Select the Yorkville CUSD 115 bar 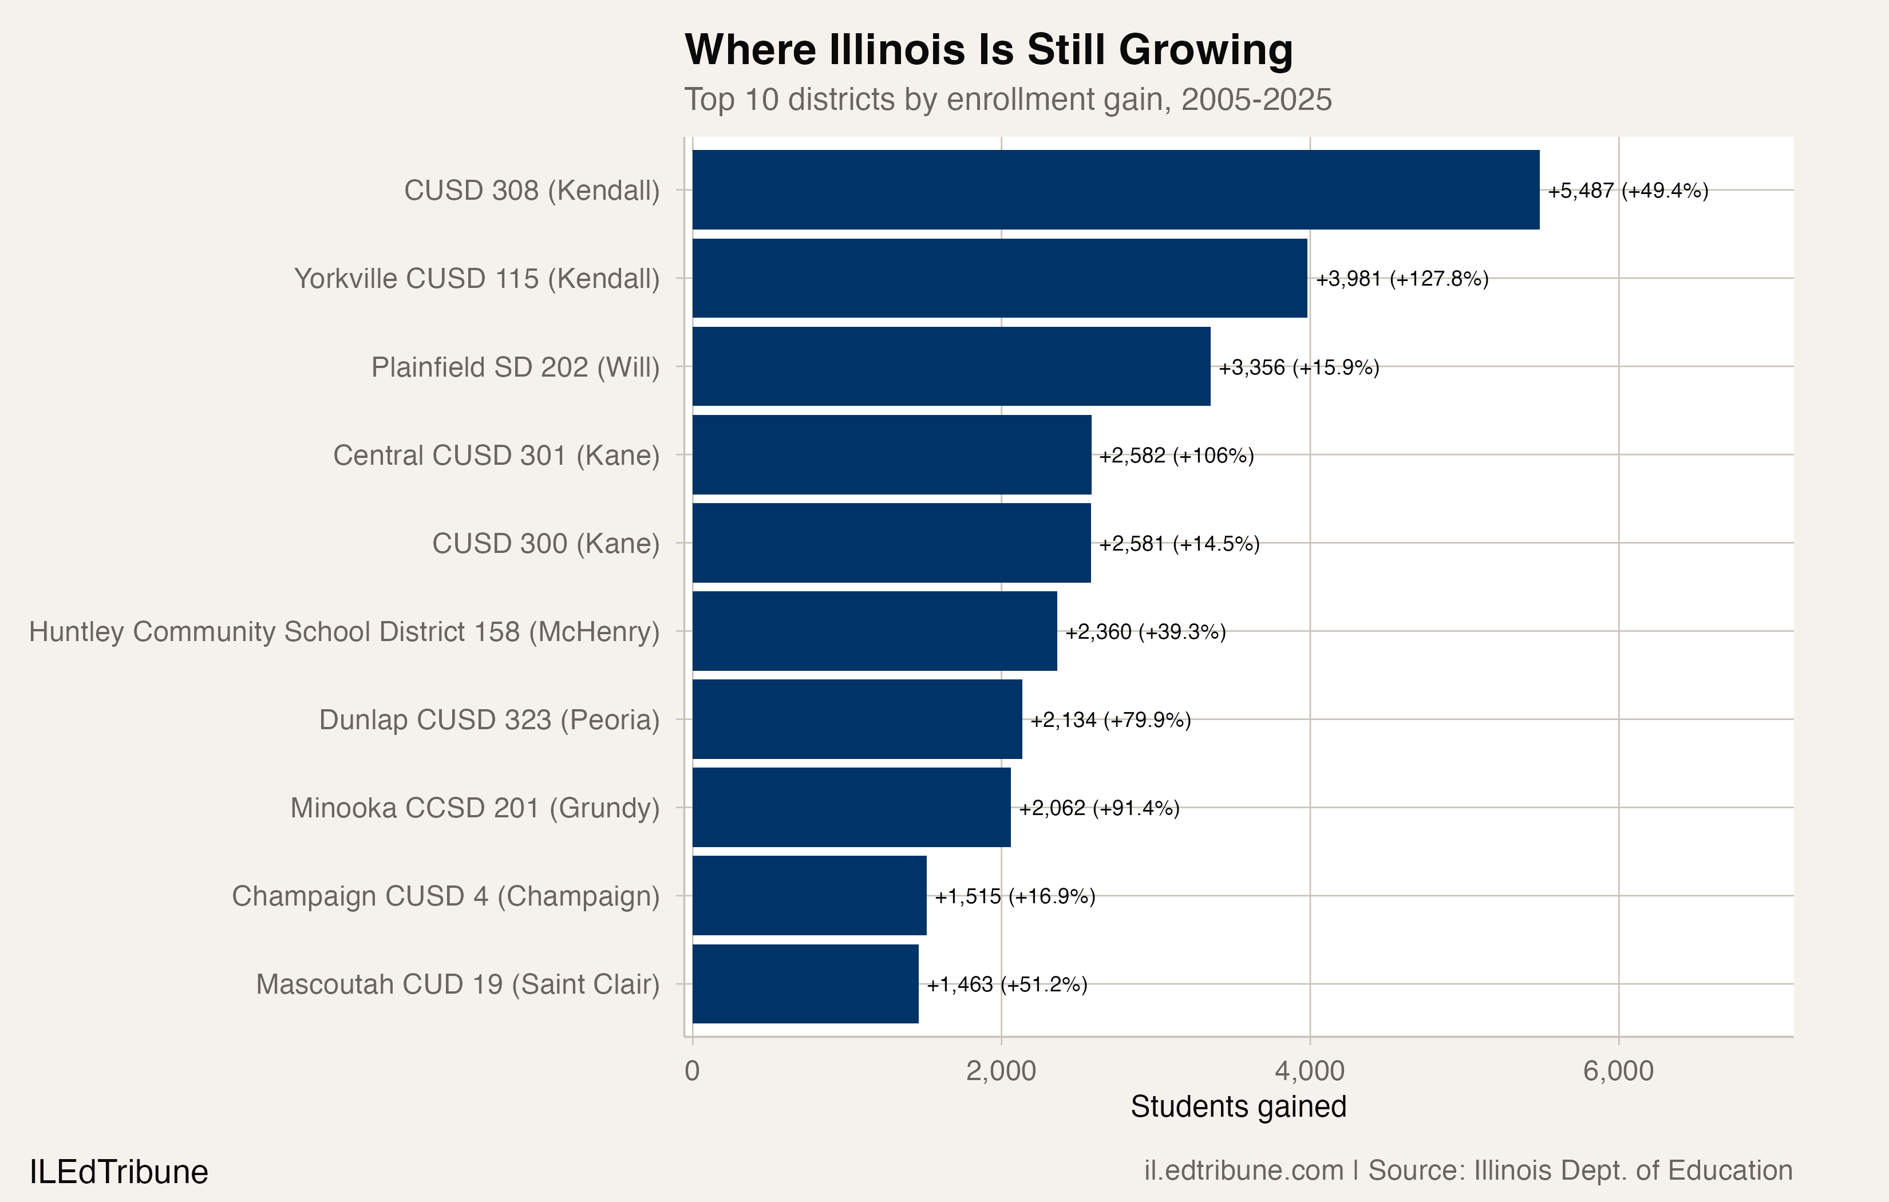pyautogui.click(x=999, y=279)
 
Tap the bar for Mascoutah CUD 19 pyautogui.click(x=805, y=984)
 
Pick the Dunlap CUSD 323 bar pyautogui.click(x=857, y=719)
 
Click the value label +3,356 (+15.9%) pyautogui.click(x=1298, y=367)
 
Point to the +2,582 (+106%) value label pyautogui.click(x=1176, y=456)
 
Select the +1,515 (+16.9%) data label pyautogui.click(x=1014, y=896)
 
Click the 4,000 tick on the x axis pyautogui.click(x=1309, y=1071)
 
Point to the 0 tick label pyautogui.click(x=692, y=1071)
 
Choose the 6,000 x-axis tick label pyautogui.click(x=1618, y=1071)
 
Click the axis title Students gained pyautogui.click(x=1238, y=1106)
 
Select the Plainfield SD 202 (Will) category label pyautogui.click(x=515, y=367)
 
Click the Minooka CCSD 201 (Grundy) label pyautogui.click(x=475, y=808)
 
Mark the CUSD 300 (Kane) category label pyautogui.click(x=546, y=544)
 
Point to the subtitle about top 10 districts pyautogui.click(x=1007, y=100)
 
